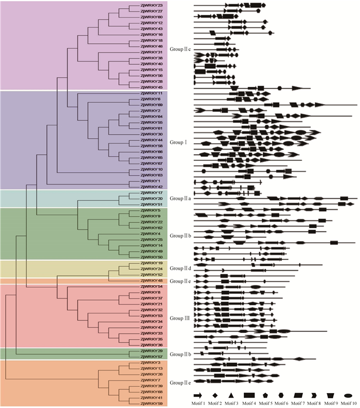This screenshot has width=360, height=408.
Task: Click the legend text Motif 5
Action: (x=266, y=403)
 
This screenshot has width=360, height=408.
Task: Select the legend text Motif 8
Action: (x=315, y=403)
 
